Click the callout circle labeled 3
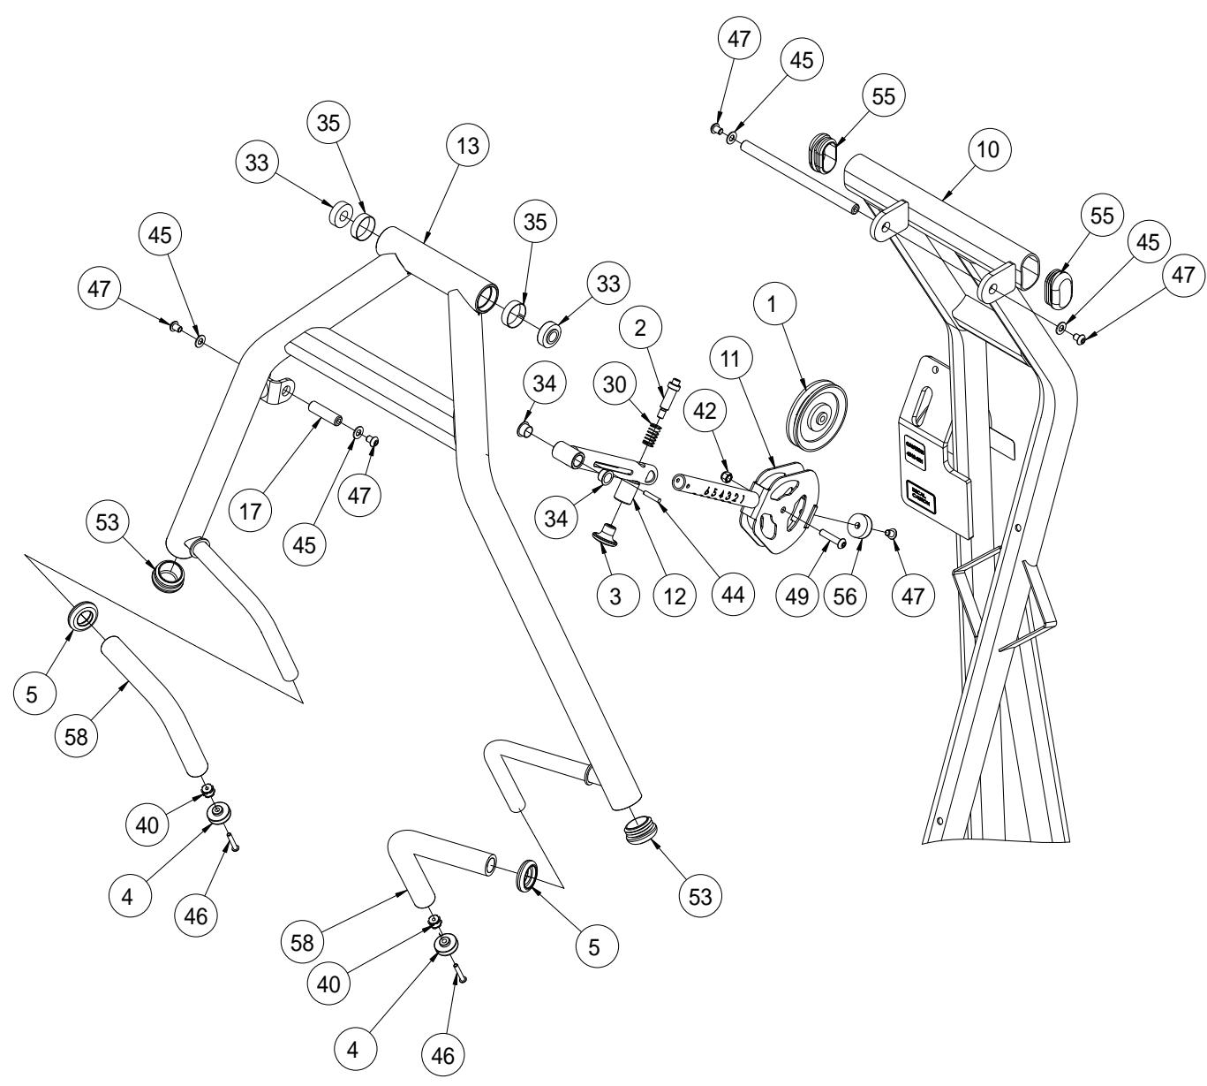click(616, 596)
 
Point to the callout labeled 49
click(798, 596)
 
